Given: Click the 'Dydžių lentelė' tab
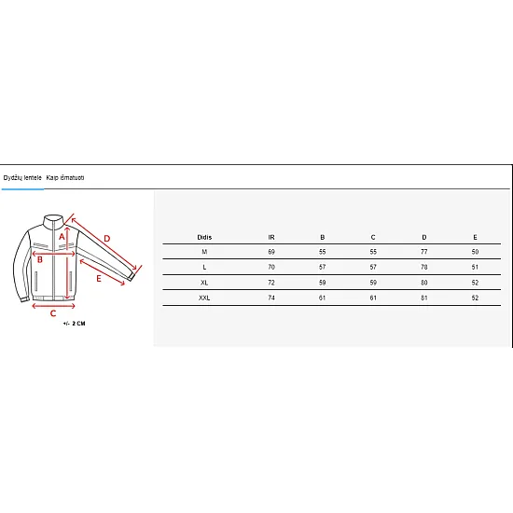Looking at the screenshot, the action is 22,177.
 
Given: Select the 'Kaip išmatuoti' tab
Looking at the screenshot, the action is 65,177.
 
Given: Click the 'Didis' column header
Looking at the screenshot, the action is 204,237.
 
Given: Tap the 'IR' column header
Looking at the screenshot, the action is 271,237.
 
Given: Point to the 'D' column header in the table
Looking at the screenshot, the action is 424,237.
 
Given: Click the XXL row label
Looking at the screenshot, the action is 204,298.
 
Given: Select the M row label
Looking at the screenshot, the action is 204,252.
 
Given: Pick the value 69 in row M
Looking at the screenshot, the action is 271,252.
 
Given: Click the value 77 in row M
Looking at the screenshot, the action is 424,252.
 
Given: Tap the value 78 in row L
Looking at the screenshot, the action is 424,267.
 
